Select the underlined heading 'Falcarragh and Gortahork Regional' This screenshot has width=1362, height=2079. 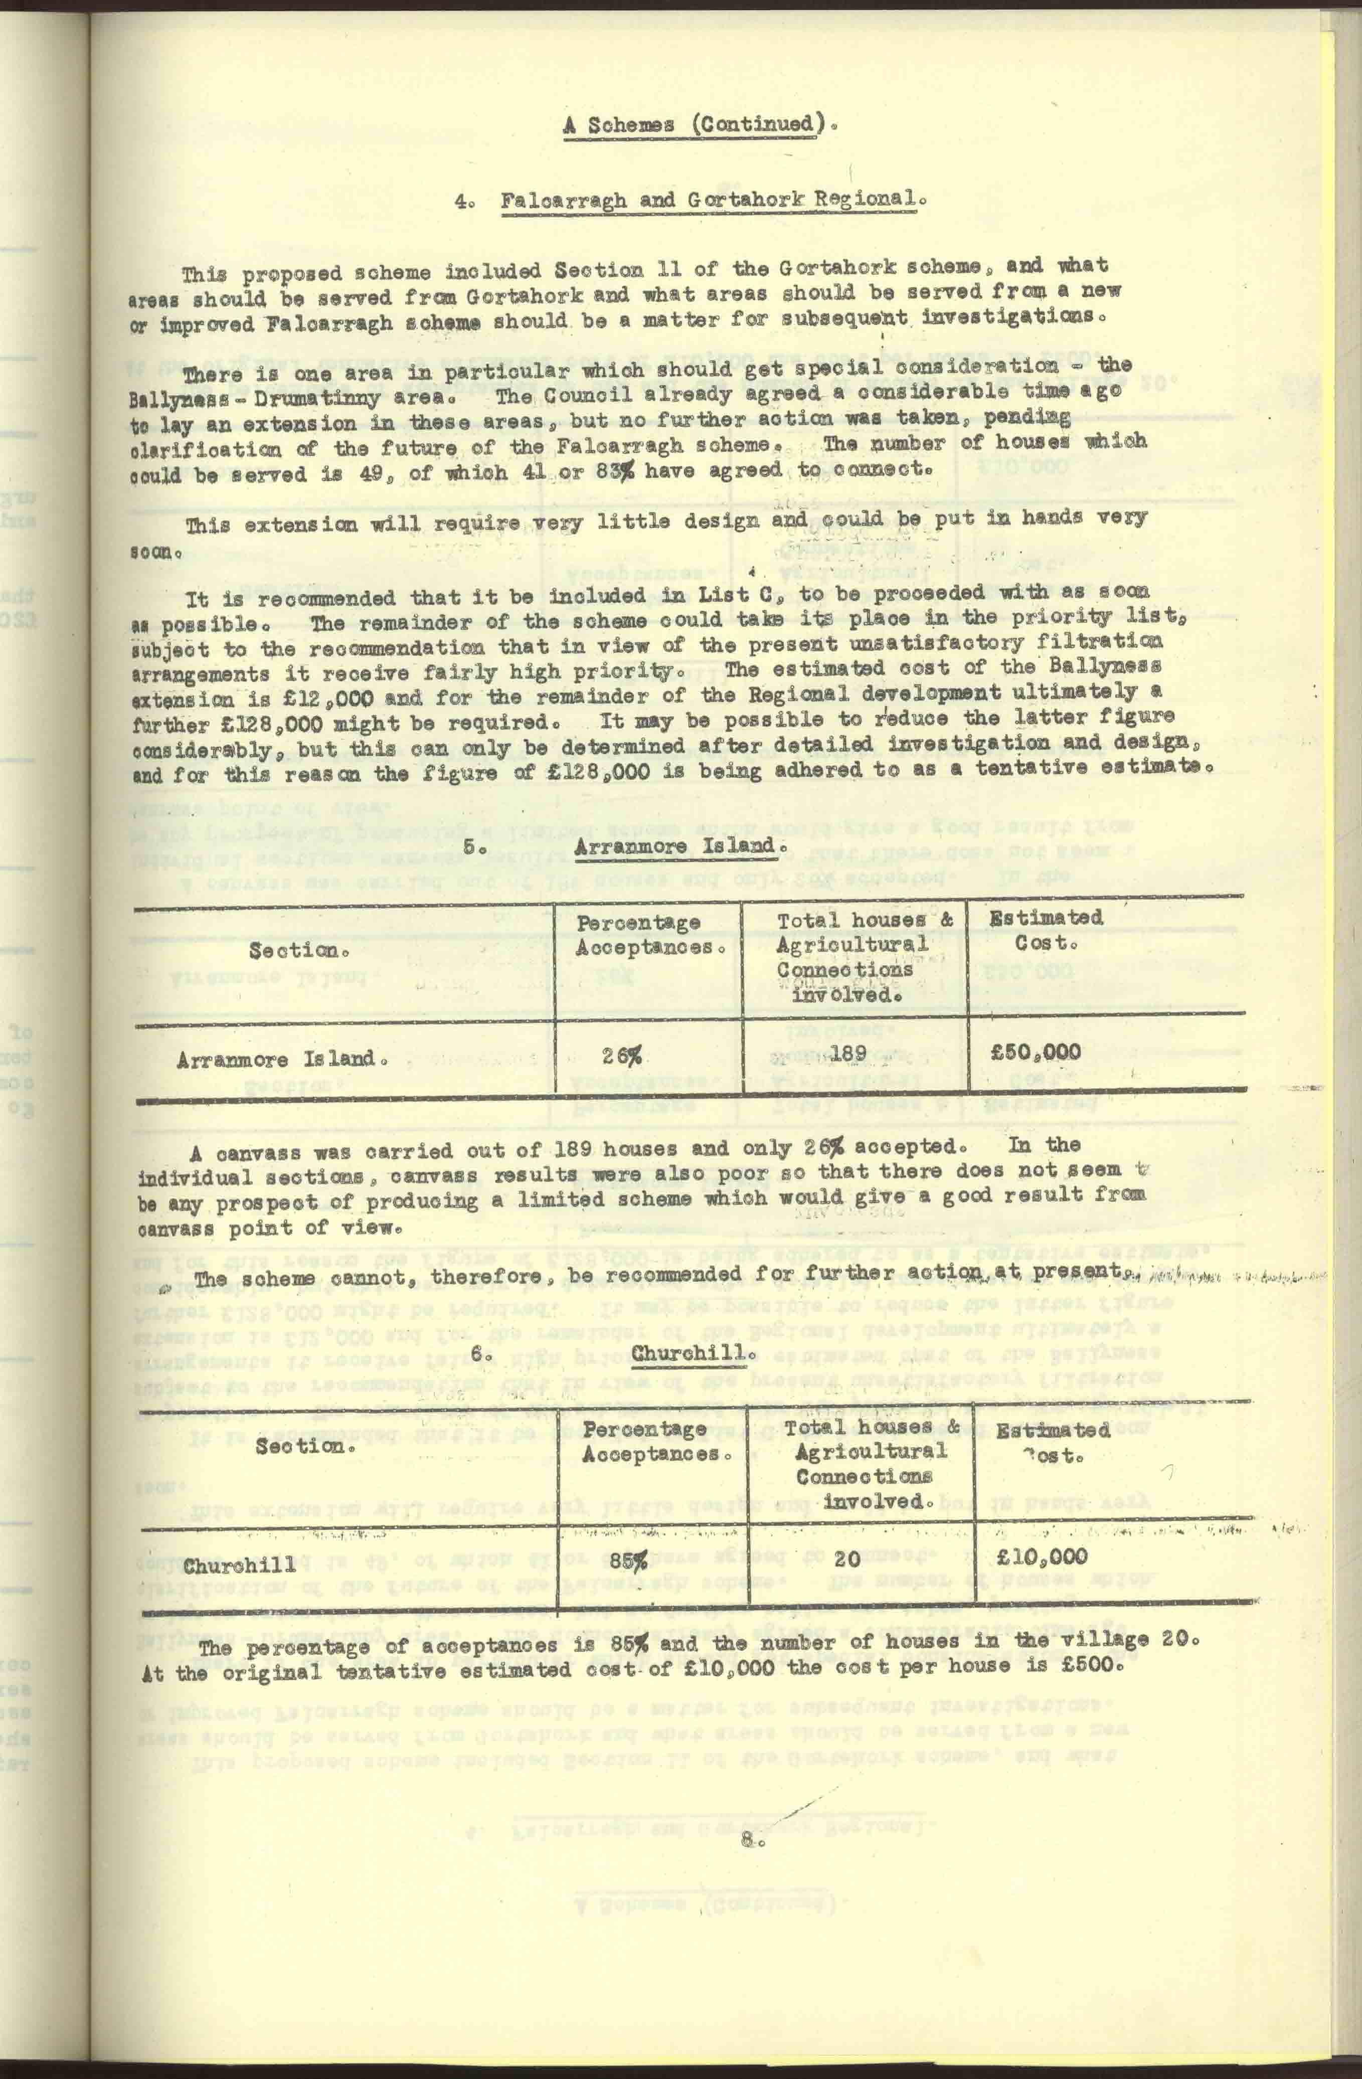tap(712, 200)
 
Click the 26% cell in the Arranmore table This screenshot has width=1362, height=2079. tap(621, 1055)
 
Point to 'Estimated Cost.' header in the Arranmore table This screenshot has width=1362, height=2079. tap(1045, 930)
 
